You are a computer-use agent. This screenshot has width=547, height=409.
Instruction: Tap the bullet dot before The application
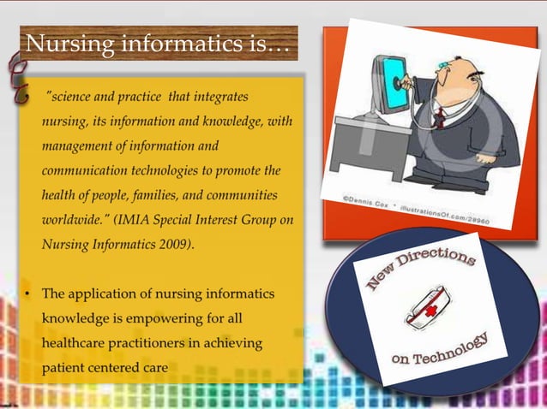click(28, 293)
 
